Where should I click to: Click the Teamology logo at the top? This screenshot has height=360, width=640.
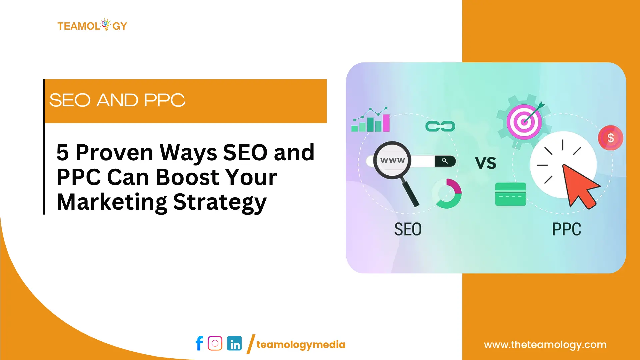(x=92, y=26)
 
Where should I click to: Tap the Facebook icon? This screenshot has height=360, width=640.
(x=199, y=343)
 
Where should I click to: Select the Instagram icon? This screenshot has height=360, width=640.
(x=215, y=343)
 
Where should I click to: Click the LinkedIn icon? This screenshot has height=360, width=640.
(x=234, y=343)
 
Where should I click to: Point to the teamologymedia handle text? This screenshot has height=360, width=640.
(x=301, y=345)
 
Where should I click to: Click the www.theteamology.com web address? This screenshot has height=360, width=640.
(x=545, y=345)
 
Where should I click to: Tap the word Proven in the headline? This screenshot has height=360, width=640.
(x=114, y=153)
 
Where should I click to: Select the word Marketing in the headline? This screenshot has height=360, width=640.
(x=112, y=202)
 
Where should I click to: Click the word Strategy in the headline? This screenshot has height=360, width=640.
(x=220, y=202)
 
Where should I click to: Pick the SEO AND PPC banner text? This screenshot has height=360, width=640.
(x=117, y=100)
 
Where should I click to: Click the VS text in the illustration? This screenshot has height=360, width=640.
(x=485, y=163)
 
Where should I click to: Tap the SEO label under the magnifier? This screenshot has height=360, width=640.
(x=408, y=229)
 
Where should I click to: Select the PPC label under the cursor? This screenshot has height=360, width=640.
(x=566, y=229)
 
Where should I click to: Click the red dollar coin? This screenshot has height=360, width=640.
(x=610, y=138)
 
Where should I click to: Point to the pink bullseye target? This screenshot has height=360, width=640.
(x=524, y=122)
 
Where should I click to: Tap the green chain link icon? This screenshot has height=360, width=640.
(x=440, y=126)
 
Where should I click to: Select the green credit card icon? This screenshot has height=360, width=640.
(x=510, y=194)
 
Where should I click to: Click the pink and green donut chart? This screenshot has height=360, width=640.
(x=447, y=194)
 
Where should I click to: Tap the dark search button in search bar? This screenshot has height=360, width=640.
(x=445, y=161)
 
